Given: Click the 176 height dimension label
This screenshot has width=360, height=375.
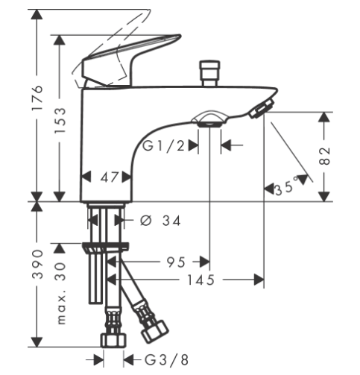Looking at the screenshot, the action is pyautogui.click(x=37, y=98).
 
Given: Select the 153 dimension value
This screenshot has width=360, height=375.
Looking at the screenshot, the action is pyautogui.click(x=60, y=121).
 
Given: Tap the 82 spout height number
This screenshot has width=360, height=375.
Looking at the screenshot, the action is pyautogui.click(x=324, y=156).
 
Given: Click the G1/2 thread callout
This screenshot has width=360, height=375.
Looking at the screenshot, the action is pyautogui.click(x=164, y=145).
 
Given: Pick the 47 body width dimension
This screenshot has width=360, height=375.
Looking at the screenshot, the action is pyautogui.click(x=109, y=177).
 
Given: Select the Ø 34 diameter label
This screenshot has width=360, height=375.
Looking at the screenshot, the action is pyautogui.click(x=160, y=221).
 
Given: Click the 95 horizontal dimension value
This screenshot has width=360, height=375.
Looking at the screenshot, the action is pyautogui.click(x=176, y=262).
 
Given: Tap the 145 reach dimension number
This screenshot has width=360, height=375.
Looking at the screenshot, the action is pyautogui.click(x=200, y=280).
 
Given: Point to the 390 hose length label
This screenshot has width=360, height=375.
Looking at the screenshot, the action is pyautogui.click(x=38, y=264).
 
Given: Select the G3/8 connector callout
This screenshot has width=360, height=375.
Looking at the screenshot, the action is pyautogui.click(x=166, y=360).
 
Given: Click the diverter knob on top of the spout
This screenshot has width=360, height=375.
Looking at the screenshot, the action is pyautogui.click(x=209, y=73).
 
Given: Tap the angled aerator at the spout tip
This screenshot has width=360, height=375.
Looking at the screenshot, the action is pyautogui.click(x=262, y=108).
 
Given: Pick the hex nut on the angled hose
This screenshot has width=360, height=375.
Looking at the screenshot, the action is pyautogui.click(x=155, y=332).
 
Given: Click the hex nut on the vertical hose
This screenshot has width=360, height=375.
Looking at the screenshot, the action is pyautogui.click(x=113, y=341).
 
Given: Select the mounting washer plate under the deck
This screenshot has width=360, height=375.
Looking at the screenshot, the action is pyautogui.click(x=106, y=248).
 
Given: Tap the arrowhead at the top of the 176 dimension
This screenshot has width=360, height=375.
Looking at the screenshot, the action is pyautogui.click(x=37, y=14).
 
